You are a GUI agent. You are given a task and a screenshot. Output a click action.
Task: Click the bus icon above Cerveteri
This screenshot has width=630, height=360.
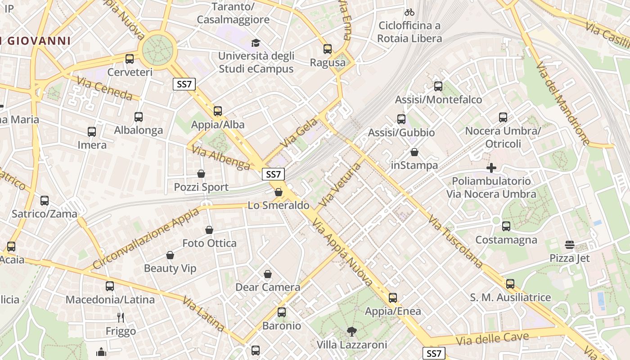pos(130,58)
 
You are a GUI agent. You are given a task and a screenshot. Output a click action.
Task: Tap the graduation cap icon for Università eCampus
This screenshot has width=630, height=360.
pos(256,43)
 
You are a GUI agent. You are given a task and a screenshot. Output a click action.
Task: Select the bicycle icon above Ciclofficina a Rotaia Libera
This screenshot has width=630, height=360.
pos(409,12)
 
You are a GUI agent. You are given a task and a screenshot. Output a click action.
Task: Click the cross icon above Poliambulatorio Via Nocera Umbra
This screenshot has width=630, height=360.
pos(491,168)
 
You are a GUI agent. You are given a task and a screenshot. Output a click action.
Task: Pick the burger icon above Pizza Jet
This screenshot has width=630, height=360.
pos(570,245)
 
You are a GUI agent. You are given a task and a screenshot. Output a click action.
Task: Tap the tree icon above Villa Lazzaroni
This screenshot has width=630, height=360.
pos(352,332)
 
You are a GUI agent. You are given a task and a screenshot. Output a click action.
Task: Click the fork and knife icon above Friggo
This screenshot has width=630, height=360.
pos(121,318)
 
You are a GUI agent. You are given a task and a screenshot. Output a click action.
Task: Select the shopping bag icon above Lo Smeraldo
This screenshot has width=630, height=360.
pos(279,192)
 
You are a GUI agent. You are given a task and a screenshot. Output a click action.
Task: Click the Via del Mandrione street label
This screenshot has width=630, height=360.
pos(562,103)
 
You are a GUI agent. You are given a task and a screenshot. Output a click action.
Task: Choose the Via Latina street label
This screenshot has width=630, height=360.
pos(204,313)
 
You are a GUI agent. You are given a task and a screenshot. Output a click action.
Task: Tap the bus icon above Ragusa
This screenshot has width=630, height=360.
pos(328,49)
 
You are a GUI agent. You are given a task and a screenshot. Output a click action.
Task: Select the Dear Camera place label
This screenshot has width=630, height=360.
pos(268,287)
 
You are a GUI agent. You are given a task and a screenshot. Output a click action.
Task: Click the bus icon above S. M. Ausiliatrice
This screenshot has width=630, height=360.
pos(510,284)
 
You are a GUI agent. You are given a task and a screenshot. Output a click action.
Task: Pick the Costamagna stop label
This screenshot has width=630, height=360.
pos(506,240)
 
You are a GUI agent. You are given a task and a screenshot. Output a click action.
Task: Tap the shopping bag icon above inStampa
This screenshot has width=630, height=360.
pos(414,152)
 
